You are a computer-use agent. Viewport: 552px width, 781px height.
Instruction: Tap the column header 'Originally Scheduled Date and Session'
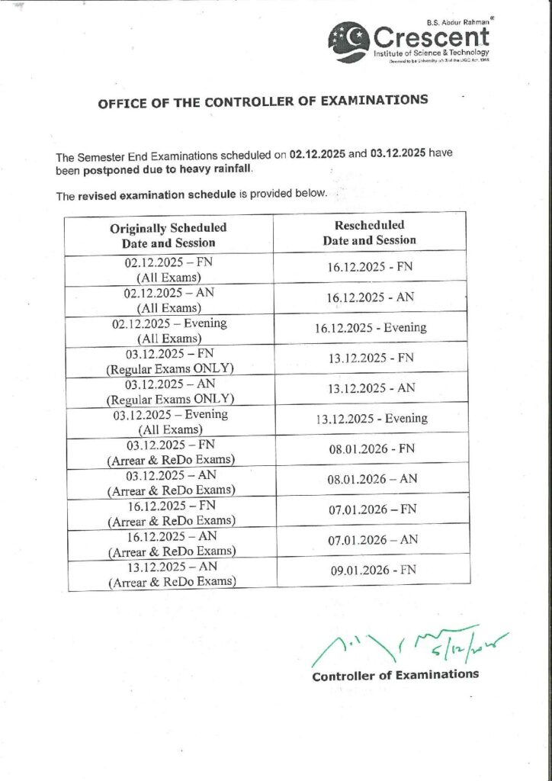tap(168, 235)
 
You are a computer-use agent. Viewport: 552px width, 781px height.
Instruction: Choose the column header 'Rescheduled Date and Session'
tap(370, 233)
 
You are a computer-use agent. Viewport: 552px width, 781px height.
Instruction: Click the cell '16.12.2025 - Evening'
tap(371, 328)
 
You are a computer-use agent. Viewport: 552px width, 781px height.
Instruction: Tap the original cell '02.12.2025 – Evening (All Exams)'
tap(169, 330)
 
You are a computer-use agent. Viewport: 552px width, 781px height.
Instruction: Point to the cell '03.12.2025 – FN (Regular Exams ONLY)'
tap(169, 361)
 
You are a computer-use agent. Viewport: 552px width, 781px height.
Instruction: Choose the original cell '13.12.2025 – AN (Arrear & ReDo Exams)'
tap(171, 574)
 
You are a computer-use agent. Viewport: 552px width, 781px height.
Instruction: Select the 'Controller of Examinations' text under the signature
tap(396, 674)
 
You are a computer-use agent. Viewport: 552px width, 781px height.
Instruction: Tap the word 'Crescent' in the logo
tap(431, 35)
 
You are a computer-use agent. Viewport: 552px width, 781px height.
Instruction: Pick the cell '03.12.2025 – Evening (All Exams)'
tap(169, 422)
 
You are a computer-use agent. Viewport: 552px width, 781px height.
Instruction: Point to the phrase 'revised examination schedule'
tap(157, 196)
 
